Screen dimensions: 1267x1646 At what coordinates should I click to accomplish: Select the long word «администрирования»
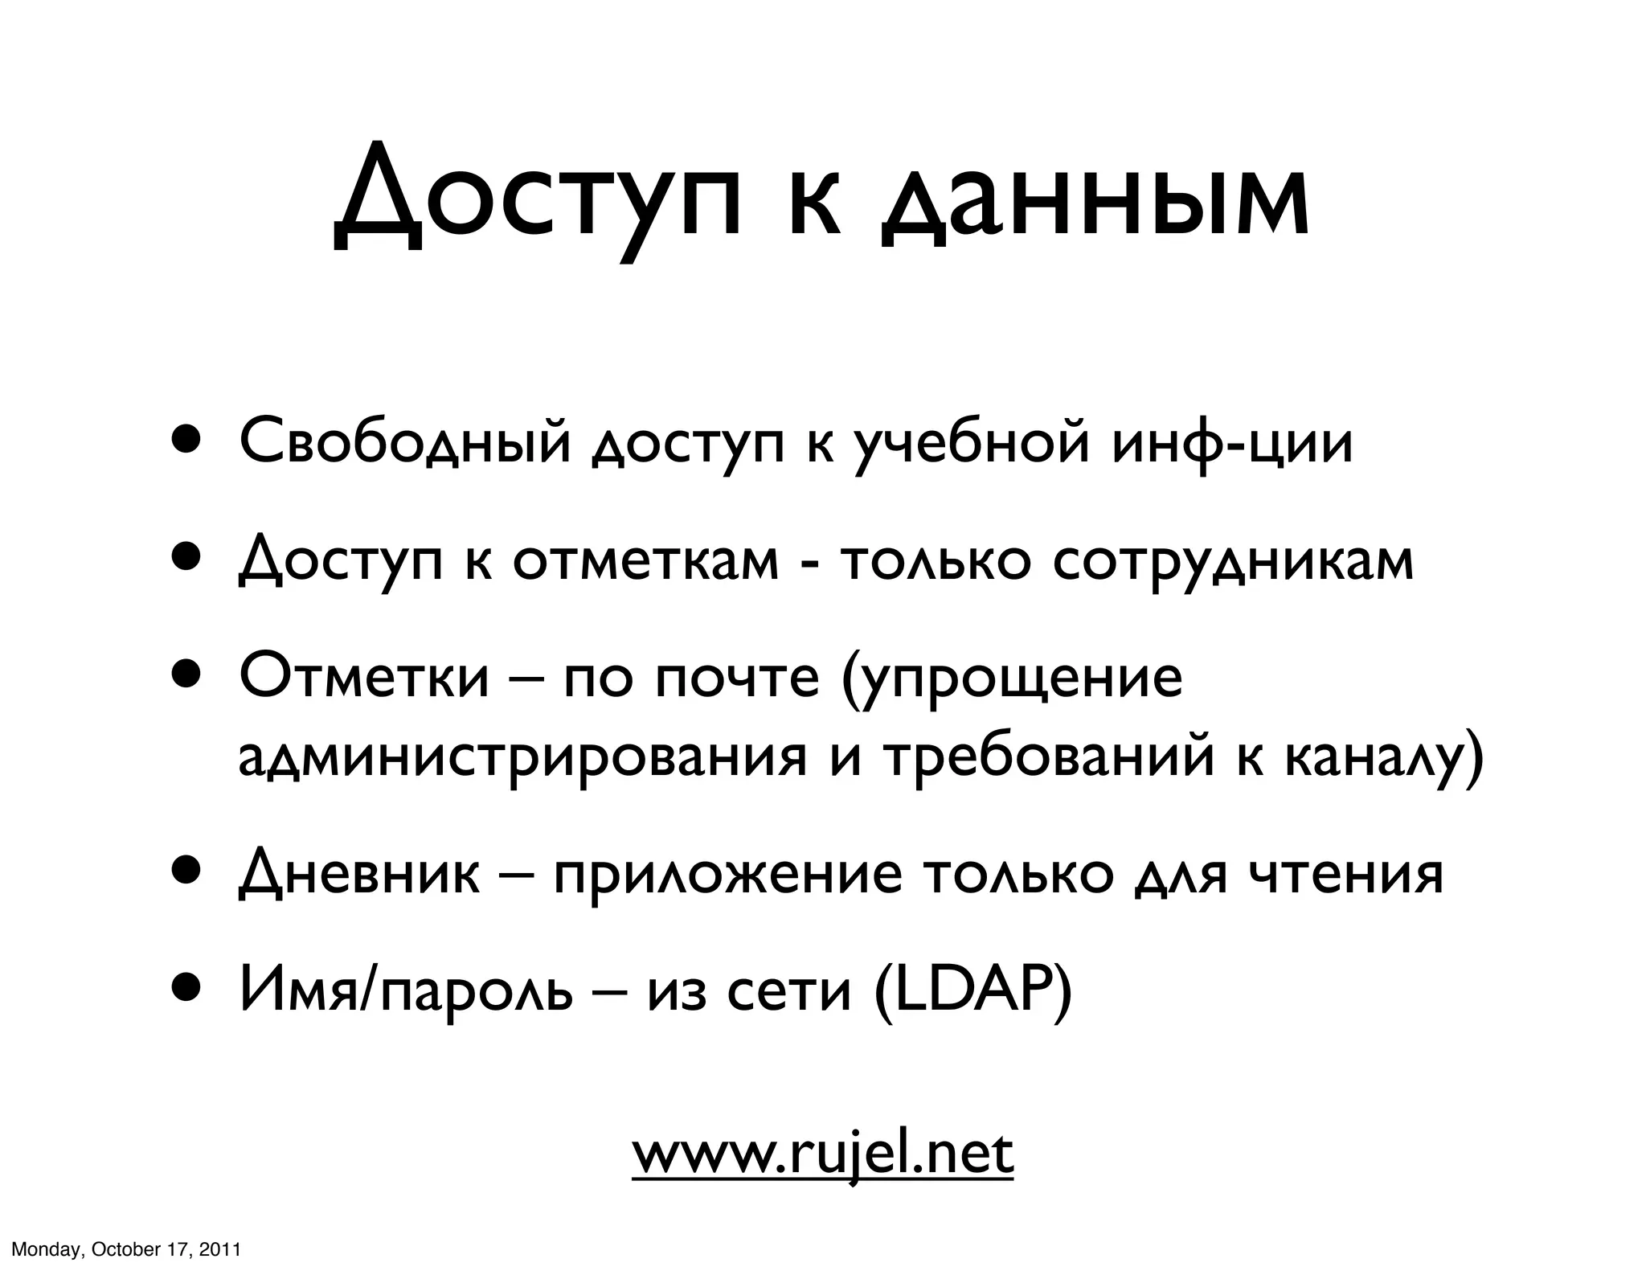pyautogui.click(x=522, y=757)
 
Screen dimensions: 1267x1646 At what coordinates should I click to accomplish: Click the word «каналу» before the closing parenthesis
pyautogui.click(x=1374, y=757)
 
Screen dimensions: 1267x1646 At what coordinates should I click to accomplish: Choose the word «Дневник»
pyautogui.click(x=358, y=874)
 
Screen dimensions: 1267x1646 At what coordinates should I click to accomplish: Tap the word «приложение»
pyautogui.click(x=728, y=874)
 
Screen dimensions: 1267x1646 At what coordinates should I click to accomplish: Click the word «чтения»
pyautogui.click(x=1345, y=874)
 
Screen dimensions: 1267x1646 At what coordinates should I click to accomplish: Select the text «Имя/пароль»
pyautogui.click(x=407, y=992)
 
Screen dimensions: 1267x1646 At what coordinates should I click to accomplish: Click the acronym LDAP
pyautogui.click(x=972, y=992)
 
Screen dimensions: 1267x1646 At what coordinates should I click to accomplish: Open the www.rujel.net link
pyautogui.click(x=822, y=1154)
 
